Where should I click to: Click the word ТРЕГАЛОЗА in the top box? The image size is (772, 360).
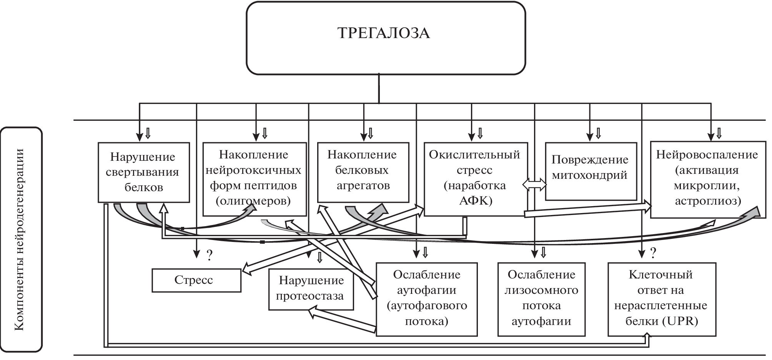pos(383,33)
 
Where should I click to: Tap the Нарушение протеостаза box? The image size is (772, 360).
pos(311,289)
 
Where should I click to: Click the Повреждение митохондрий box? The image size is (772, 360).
pos(590,171)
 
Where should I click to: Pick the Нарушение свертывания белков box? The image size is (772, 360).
pos(143,172)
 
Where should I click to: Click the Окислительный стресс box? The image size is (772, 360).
pos(475,178)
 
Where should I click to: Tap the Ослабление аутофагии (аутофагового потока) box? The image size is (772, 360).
pos(426,299)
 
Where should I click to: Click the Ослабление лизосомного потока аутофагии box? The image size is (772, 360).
pos(541,299)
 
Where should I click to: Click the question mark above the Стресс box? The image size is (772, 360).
pos(210,255)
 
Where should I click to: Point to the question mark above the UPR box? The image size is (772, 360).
pos(653,253)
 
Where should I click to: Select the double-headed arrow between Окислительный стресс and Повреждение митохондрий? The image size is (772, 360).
pos(534,185)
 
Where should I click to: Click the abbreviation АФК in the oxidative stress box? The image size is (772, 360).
pos(476,201)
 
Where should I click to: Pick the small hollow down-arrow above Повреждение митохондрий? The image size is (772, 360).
pos(598,133)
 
